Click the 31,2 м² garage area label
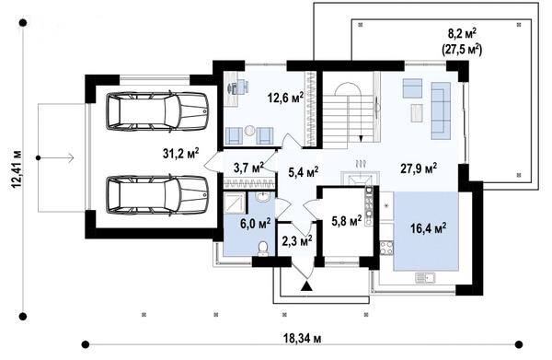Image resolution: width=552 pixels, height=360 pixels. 181,153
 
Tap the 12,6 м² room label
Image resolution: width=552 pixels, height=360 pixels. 285,98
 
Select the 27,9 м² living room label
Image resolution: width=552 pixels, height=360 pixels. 419,168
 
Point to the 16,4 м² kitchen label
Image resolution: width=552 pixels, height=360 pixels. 429,228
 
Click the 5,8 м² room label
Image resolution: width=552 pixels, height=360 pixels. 347,220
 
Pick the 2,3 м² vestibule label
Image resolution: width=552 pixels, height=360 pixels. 297,241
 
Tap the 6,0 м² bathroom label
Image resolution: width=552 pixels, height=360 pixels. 255,224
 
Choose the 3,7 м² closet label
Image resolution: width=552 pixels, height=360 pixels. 249,168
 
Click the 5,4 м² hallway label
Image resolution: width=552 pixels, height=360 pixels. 303,172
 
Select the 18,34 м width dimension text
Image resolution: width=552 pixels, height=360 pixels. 303,339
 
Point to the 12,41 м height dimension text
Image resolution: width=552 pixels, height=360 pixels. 17,169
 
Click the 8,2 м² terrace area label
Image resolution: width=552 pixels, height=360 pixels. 462,34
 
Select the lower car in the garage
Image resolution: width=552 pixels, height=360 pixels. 157,195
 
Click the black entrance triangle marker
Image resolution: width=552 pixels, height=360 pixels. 307,286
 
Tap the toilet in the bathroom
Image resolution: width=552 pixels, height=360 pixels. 262,249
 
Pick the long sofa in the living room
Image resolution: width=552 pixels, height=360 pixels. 441,110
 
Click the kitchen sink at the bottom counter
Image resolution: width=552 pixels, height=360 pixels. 425,278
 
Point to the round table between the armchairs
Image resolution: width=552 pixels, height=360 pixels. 249,131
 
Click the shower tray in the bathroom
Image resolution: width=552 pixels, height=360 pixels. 234,203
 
